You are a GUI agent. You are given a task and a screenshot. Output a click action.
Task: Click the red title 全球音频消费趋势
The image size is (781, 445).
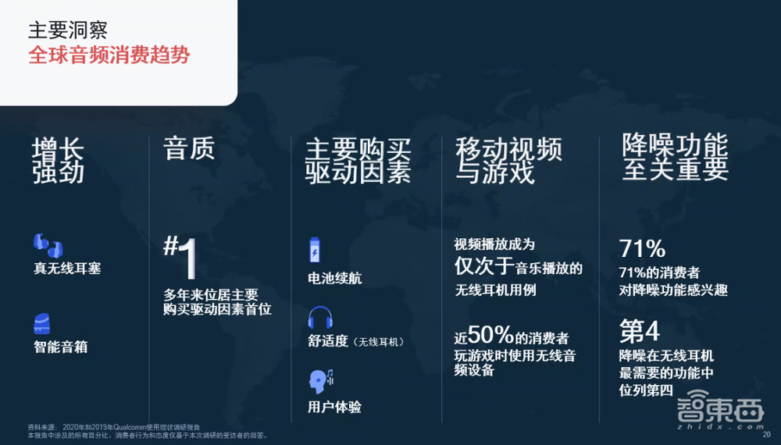109,57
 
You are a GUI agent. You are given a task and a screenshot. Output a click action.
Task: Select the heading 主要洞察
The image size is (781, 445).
68,30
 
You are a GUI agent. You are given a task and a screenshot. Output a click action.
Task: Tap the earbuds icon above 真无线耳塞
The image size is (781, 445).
48,245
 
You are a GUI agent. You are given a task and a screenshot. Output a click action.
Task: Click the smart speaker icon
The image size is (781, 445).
44,323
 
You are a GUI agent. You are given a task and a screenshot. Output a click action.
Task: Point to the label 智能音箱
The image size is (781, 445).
60,347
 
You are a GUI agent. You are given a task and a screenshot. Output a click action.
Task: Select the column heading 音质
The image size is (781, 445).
188,148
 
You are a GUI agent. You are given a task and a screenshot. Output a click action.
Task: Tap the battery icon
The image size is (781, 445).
316,251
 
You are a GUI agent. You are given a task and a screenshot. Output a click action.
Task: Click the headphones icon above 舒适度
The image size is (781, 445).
321,319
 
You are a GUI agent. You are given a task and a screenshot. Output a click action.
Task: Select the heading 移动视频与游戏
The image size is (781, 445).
508,161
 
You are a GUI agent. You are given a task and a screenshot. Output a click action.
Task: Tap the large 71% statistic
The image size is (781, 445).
642,249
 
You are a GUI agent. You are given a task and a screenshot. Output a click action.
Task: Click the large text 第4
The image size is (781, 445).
640,331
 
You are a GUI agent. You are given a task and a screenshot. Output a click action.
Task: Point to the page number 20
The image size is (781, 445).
766,435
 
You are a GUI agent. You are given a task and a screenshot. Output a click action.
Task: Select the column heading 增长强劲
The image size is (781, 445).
59,161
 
